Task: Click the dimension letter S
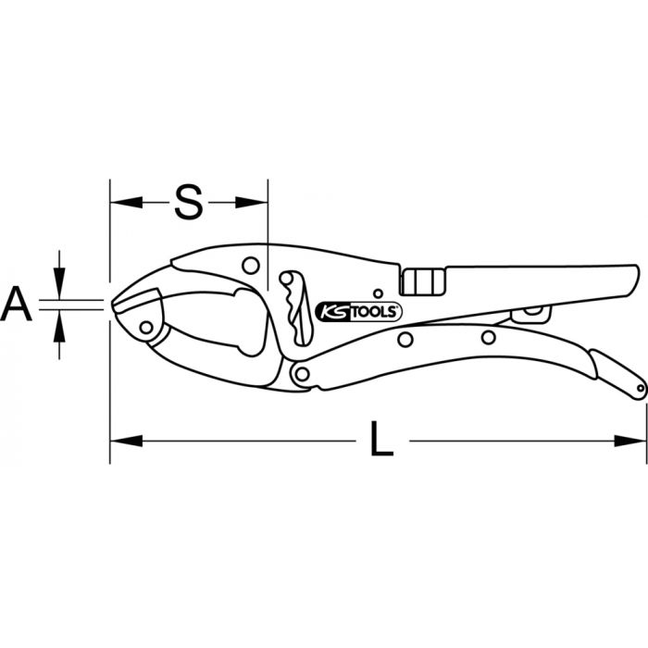(189, 202)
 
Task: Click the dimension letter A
(19, 304)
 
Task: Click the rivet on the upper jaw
(250, 266)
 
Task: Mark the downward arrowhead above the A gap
(60, 286)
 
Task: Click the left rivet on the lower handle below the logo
(405, 340)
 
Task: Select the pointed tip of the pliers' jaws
(114, 304)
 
